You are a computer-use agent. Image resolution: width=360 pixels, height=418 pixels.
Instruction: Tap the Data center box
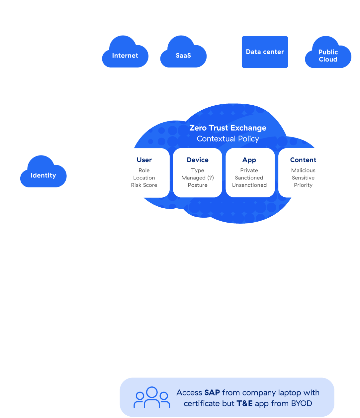tap(265, 52)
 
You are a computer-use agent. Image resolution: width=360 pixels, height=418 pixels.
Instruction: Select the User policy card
tap(144, 172)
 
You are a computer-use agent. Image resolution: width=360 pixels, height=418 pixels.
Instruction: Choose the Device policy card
tap(198, 172)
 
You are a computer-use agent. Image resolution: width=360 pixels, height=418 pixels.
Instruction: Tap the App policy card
tap(250, 172)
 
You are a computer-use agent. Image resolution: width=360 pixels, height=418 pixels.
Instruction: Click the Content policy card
tap(303, 172)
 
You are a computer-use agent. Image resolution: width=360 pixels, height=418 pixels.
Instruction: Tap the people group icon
tap(152, 397)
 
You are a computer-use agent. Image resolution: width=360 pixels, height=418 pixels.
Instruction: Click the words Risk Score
tap(144, 185)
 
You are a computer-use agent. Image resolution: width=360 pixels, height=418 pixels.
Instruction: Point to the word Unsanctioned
tap(249, 185)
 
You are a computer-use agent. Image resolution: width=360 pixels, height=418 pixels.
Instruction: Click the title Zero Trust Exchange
tap(228, 128)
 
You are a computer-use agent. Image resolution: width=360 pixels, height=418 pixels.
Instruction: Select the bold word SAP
tap(212, 393)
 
